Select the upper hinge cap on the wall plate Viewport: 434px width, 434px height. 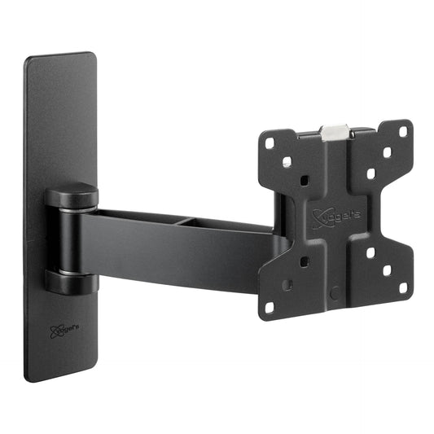72,197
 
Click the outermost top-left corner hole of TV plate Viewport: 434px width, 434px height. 270,142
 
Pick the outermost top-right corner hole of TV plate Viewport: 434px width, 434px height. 405,129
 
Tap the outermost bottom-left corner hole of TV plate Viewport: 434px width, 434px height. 270,308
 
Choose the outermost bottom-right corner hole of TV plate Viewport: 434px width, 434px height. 403,287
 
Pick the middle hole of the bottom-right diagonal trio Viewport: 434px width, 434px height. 387,270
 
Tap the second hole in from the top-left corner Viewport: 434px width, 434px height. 287,162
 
